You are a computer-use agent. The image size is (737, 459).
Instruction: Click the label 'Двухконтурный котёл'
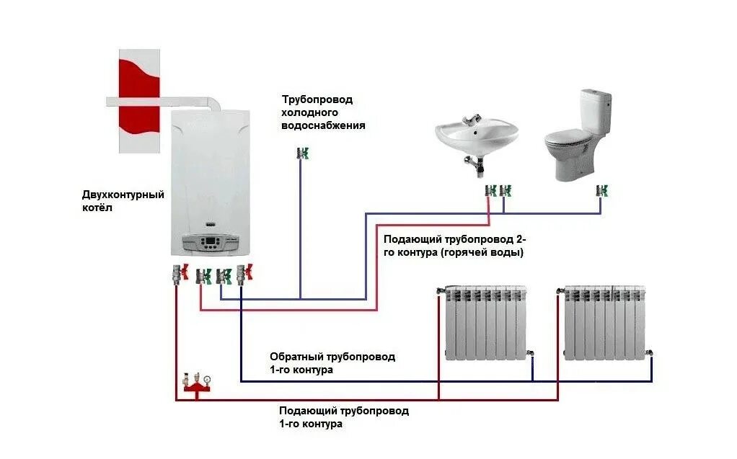(x=123, y=201)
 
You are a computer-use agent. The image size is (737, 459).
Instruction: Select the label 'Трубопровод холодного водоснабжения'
(x=322, y=112)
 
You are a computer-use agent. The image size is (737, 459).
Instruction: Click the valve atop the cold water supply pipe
(x=303, y=153)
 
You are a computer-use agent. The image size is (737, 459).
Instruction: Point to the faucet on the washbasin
(x=472, y=120)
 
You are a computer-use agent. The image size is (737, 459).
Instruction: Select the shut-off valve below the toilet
(x=601, y=191)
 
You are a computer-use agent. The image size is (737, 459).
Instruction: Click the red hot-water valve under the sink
(x=490, y=191)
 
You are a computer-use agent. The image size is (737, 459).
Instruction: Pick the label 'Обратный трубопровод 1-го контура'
(x=332, y=363)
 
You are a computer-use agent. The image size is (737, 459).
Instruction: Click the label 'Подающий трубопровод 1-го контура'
(x=343, y=417)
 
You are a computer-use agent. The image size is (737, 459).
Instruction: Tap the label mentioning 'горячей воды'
(x=453, y=246)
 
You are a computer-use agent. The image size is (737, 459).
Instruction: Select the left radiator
(x=485, y=322)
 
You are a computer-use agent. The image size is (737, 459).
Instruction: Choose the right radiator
(x=604, y=322)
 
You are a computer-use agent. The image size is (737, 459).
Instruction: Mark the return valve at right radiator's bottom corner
(x=650, y=354)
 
